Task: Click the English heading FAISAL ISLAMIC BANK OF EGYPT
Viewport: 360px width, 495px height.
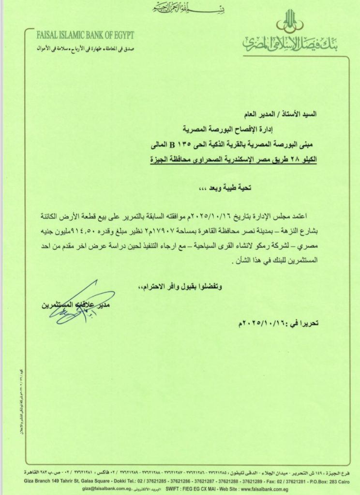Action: pyautogui.click(x=85, y=35)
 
